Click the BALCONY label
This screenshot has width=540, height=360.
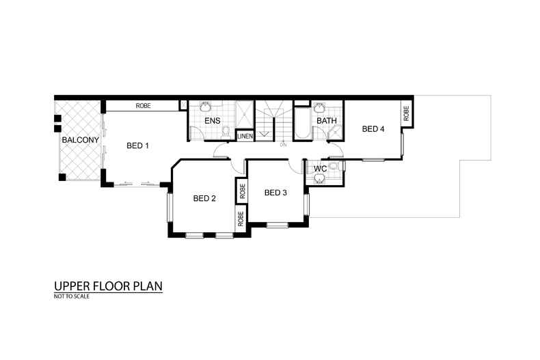(x=80, y=140)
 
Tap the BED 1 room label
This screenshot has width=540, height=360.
(x=138, y=146)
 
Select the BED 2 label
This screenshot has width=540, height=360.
(x=204, y=198)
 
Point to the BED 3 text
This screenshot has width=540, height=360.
(x=275, y=193)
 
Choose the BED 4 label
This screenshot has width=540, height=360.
(x=373, y=129)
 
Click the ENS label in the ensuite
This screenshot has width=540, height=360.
(x=212, y=121)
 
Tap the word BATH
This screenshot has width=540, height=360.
(x=327, y=121)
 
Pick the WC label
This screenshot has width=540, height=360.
(x=321, y=169)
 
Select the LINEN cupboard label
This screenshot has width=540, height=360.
(x=245, y=137)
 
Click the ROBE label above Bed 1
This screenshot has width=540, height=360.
(x=144, y=106)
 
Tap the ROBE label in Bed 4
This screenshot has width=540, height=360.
(x=407, y=113)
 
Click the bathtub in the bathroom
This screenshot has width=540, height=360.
(x=303, y=123)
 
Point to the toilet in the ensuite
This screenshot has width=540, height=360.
(x=226, y=133)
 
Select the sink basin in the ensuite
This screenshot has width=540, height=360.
(x=206, y=107)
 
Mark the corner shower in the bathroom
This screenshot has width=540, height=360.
(x=335, y=133)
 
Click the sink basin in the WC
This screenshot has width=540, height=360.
(x=320, y=178)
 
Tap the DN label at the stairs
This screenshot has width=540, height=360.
(x=283, y=145)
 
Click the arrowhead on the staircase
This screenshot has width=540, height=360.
(x=264, y=134)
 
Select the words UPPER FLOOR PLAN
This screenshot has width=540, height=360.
(x=108, y=286)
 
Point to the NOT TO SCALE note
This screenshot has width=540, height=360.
(x=72, y=296)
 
